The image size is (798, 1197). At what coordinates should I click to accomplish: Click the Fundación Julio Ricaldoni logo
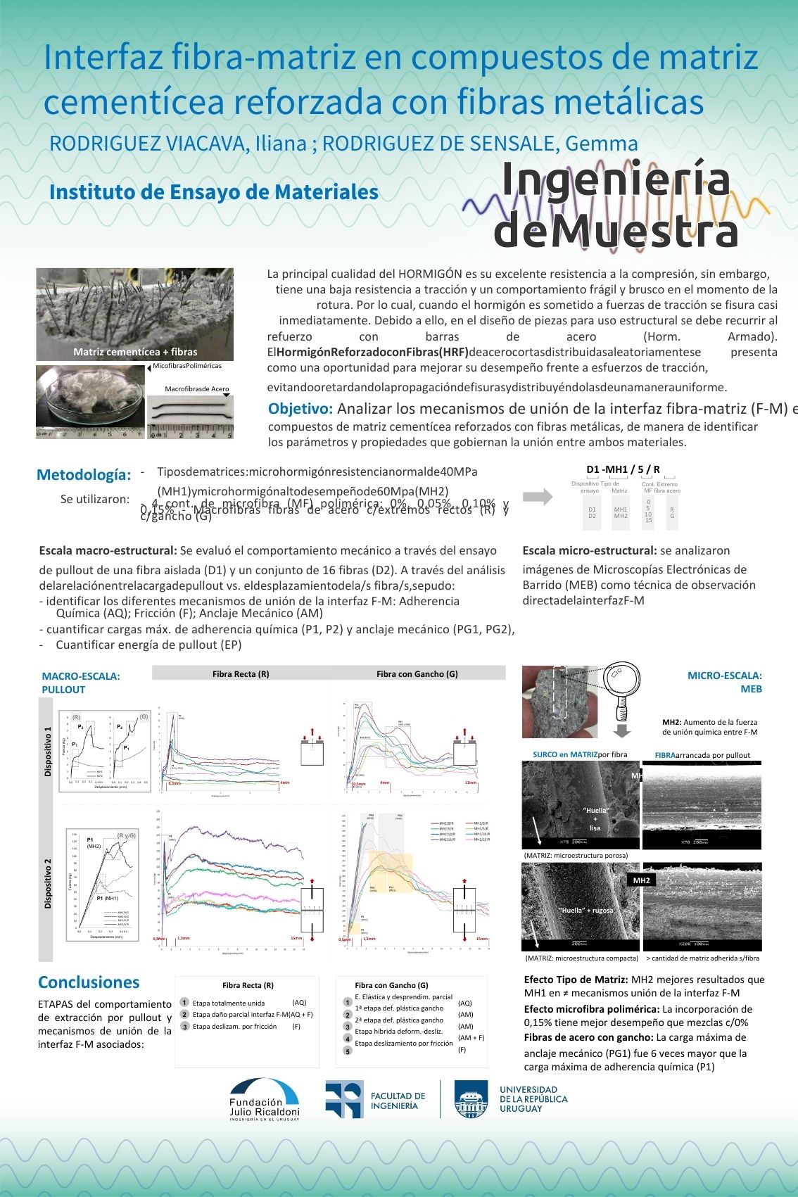(x=264, y=1100)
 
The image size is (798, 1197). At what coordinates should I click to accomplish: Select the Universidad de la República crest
(x=471, y=1099)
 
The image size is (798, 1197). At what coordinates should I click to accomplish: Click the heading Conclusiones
(x=89, y=982)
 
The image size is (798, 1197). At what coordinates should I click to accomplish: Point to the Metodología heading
(x=84, y=475)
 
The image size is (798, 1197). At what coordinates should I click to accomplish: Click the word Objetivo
(x=300, y=409)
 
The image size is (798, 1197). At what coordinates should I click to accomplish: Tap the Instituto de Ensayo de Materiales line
(x=214, y=192)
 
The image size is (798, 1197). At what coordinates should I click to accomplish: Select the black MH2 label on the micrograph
(x=641, y=880)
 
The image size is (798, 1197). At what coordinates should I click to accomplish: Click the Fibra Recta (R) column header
(x=241, y=673)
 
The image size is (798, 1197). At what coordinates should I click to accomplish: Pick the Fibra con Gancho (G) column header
(x=417, y=673)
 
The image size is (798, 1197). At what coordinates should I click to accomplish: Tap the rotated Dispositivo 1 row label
(x=48, y=752)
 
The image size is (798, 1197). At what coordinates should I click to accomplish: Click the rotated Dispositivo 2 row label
(x=48, y=883)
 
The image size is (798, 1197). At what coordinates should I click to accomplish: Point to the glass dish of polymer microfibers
(x=89, y=401)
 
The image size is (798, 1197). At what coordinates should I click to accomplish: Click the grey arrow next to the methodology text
(x=538, y=497)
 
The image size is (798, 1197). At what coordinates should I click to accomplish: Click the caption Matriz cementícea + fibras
(x=135, y=352)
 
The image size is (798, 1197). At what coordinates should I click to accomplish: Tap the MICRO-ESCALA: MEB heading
(x=724, y=682)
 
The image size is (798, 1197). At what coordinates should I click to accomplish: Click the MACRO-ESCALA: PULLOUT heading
(x=80, y=683)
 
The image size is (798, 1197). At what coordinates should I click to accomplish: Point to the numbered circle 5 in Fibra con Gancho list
(x=348, y=1051)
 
